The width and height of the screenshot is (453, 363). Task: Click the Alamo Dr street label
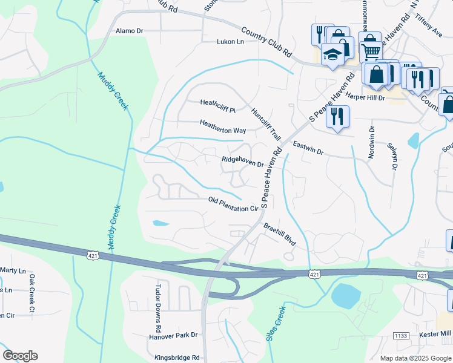click(129, 30)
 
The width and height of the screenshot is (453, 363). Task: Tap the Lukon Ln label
click(230, 42)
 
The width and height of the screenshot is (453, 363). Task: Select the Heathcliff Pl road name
click(217, 110)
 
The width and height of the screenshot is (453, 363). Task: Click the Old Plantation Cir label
click(233, 204)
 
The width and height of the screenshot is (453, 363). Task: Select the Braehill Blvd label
click(279, 234)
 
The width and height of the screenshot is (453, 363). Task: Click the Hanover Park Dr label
click(173, 335)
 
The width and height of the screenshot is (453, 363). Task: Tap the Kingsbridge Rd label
click(177, 358)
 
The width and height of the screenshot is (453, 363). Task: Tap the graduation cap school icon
click(332, 55)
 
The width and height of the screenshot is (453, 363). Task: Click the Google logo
click(20, 356)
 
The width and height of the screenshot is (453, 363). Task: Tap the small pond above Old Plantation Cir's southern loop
click(160, 223)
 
